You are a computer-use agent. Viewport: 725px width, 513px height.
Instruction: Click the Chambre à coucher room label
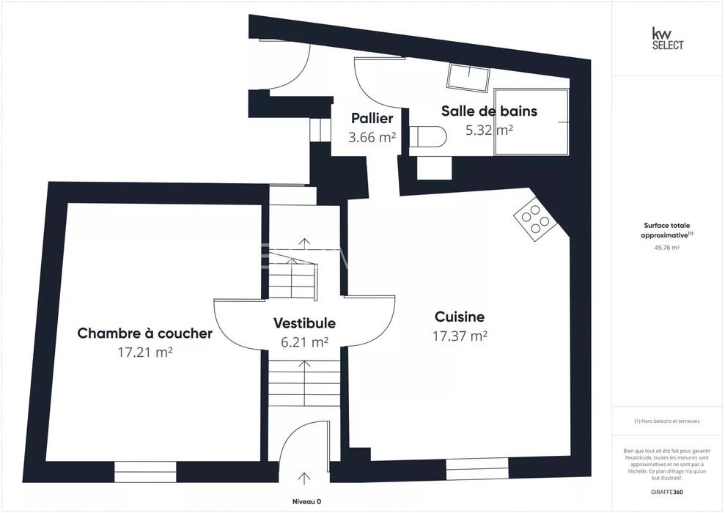click(144, 333)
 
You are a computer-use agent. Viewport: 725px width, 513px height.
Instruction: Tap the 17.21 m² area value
click(145, 353)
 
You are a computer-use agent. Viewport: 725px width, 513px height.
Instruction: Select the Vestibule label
click(304, 323)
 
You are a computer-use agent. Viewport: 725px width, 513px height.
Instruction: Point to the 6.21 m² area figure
click(305, 342)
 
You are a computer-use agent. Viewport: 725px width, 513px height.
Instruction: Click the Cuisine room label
click(460, 317)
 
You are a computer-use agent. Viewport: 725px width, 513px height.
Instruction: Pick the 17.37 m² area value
click(460, 336)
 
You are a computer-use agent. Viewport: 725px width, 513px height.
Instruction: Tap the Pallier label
click(372, 118)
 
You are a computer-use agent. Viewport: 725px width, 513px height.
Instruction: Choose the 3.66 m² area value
click(372, 137)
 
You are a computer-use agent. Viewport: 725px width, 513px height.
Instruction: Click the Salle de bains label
click(489, 111)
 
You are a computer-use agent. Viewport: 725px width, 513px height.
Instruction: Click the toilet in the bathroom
click(428, 137)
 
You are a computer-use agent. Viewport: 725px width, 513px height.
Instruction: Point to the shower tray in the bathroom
click(531, 122)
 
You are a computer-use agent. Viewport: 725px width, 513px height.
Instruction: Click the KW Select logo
click(668, 38)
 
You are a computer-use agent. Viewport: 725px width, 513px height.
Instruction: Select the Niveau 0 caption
click(306, 501)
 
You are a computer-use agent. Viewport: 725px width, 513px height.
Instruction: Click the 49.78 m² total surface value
click(667, 247)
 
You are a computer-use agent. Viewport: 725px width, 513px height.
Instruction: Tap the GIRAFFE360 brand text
click(667, 492)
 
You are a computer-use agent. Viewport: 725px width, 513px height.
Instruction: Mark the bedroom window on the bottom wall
click(146, 471)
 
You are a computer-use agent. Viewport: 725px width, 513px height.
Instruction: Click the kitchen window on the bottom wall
click(477, 468)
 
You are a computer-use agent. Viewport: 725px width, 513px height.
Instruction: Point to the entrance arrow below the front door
click(304, 479)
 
